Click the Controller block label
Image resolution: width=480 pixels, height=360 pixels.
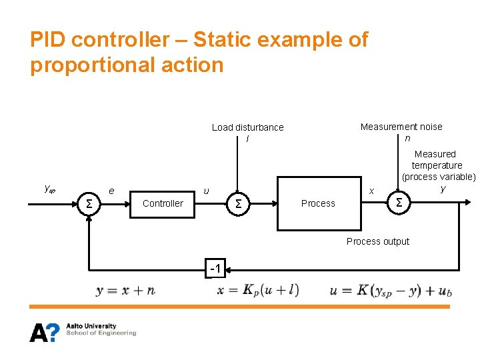click(x=163, y=203)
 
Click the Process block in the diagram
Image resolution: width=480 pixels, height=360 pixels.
click(x=318, y=203)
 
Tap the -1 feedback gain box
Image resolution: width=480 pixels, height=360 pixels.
click(x=215, y=269)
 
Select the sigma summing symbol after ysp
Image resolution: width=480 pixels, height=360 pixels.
click(x=89, y=203)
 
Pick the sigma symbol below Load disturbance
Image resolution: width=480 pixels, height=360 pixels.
click(x=237, y=203)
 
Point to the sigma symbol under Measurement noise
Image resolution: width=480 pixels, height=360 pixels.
click(x=399, y=202)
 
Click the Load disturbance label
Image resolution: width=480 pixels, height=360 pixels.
click(x=247, y=127)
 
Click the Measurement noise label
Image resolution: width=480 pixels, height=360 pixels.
click(x=401, y=127)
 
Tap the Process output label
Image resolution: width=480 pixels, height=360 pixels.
click(x=378, y=241)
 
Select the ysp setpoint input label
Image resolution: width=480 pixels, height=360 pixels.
click(x=49, y=189)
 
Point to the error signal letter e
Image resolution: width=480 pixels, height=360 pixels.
click(x=111, y=191)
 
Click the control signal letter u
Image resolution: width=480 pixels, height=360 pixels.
click(x=206, y=191)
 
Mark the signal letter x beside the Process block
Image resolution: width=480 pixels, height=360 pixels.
click(x=372, y=191)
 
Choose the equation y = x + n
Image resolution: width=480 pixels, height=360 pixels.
click(x=125, y=290)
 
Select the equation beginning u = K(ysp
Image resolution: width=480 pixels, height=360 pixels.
click(x=389, y=291)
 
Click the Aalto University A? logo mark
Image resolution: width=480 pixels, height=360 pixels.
click(x=44, y=331)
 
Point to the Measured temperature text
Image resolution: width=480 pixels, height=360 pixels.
click(x=436, y=159)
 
